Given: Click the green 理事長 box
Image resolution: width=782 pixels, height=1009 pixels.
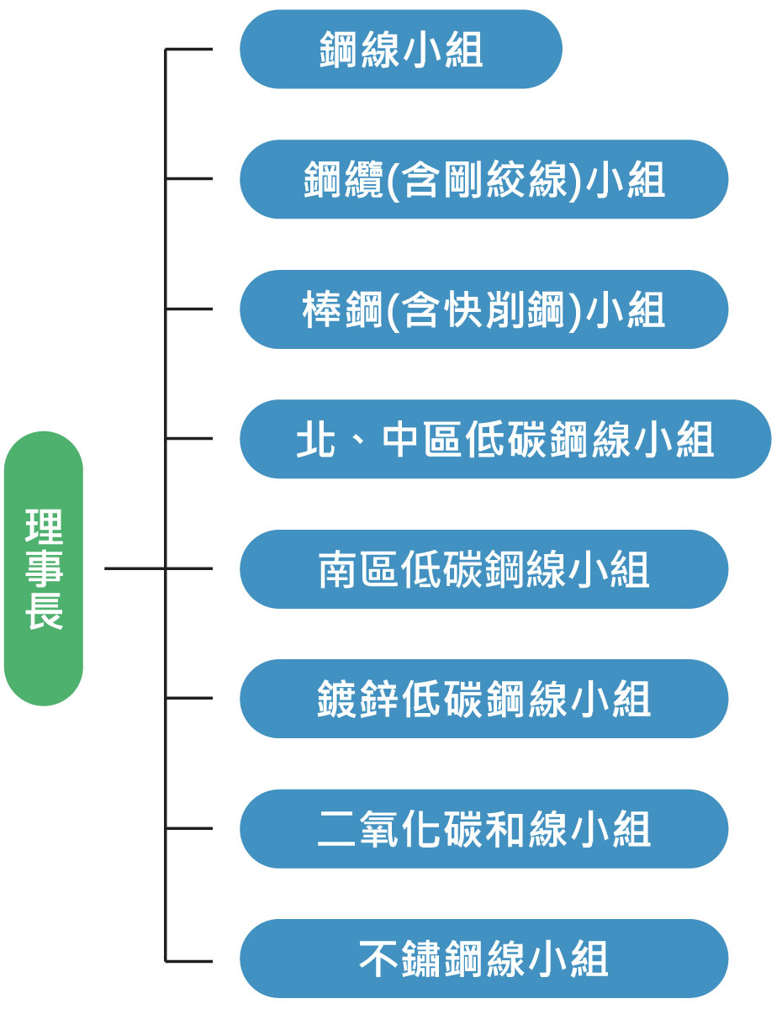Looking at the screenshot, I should (x=44, y=568).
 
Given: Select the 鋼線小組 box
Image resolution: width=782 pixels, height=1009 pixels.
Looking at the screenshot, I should (x=400, y=50).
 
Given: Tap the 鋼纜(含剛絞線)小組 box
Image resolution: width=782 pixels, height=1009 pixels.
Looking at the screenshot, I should (x=483, y=179).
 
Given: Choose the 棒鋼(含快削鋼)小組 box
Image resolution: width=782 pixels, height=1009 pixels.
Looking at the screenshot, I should (x=483, y=309).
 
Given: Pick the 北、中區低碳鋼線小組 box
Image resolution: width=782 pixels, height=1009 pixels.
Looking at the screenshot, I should (x=505, y=439).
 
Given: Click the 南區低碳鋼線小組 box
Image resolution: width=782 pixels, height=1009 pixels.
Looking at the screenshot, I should (x=483, y=569).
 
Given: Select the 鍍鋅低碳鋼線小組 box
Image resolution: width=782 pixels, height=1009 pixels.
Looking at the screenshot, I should (x=483, y=699).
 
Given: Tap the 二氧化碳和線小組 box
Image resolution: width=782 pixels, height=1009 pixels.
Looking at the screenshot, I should (x=483, y=829).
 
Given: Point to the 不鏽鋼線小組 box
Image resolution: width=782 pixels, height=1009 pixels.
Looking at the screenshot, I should (x=483, y=959).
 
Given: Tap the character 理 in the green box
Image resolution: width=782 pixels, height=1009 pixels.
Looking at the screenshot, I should (x=44, y=527).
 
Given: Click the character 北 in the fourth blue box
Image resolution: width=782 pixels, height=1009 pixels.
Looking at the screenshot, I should (x=315, y=439).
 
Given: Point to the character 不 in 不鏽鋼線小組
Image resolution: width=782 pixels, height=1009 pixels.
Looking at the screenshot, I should (x=378, y=959).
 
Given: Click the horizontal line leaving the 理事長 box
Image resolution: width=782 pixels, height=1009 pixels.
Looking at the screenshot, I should (x=135, y=569).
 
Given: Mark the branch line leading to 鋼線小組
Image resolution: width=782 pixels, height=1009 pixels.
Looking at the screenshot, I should (x=189, y=50).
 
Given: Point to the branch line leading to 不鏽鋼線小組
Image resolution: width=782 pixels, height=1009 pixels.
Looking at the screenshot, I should (x=189, y=959).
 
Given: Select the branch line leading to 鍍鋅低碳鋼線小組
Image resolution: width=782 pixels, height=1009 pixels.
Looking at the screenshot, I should (x=189, y=699).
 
